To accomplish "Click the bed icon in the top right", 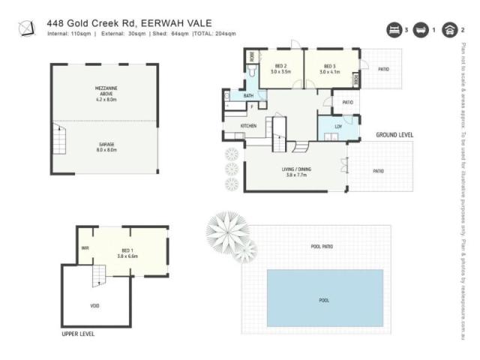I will pos(392,30).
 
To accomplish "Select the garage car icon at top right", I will pos(450,30).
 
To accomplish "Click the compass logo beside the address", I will pos(27,28).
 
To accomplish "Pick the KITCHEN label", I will pos(248,125).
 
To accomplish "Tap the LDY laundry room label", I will pos(337,126).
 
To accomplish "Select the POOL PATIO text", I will pos(322,246).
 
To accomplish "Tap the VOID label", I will pos(94,305).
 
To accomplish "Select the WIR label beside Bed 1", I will pos(85,247).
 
